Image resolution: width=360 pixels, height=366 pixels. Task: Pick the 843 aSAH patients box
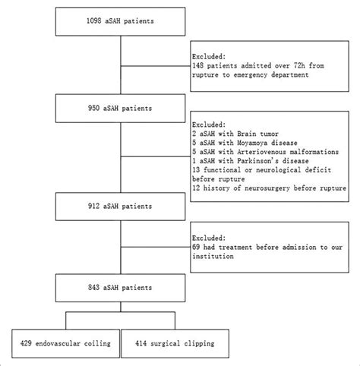click(121, 288)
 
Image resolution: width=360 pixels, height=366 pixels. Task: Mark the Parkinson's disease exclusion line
click(250, 159)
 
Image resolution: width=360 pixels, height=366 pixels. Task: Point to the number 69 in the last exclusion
click(197, 247)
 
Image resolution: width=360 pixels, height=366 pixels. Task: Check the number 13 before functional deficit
click(197, 169)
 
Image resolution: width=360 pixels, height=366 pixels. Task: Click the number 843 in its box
click(92, 288)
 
